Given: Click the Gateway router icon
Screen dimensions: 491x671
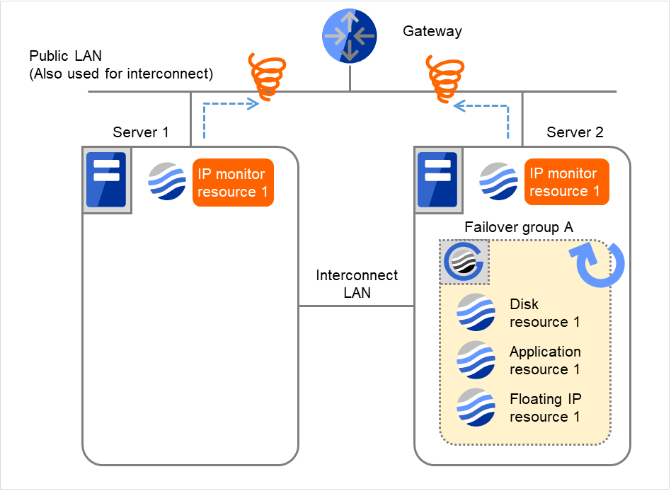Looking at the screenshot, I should tap(350, 36).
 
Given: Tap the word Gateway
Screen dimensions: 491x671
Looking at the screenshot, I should tap(432, 31).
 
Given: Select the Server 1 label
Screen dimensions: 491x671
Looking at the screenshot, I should tap(141, 132).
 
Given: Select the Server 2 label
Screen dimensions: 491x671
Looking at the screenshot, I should tap(575, 132).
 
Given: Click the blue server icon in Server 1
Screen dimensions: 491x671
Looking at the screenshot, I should tap(106, 180).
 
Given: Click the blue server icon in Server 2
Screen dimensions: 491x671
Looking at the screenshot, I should tap(437, 180).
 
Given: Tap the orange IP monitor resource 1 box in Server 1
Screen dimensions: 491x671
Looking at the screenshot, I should tap(233, 183).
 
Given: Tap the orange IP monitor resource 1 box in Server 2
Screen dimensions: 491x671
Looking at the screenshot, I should tap(564, 182).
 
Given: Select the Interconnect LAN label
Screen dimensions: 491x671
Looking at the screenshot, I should tap(357, 284).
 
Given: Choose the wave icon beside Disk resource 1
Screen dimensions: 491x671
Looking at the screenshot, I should tap(476, 313).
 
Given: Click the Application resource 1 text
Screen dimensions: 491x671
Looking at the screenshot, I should tap(545, 360).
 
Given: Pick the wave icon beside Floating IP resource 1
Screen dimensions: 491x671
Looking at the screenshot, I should tap(476, 408).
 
